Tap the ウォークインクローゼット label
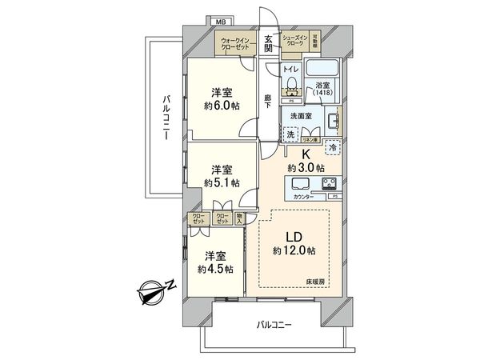coord(237,42)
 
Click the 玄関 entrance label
coord(268,43)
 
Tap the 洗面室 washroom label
coord(301,115)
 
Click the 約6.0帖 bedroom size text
coord(221,106)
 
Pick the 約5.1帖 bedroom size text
coord(221,183)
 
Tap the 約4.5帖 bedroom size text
coord(216,270)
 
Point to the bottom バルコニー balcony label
coord(274,325)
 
